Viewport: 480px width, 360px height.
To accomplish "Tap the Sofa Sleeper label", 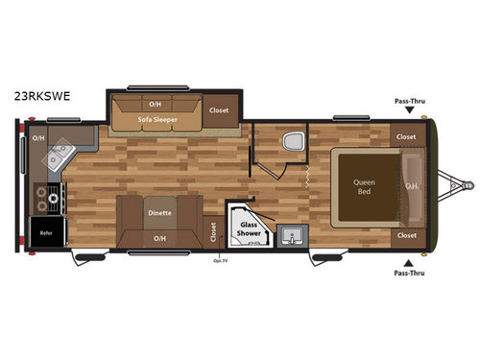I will [157, 120].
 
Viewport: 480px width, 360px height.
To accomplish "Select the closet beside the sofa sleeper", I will [219, 109].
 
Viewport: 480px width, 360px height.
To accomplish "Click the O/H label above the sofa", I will [155, 103].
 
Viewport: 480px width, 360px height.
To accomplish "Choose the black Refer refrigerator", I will [45, 231].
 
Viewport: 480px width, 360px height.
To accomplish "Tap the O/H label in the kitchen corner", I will [38, 137].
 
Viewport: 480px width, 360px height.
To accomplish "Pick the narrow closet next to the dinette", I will [212, 230].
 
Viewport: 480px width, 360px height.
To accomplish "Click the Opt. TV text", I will [218, 258].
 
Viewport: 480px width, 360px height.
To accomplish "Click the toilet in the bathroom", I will [292, 144].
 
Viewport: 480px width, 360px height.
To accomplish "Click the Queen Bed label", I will [364, 185].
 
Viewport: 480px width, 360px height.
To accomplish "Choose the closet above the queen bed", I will [406, 136].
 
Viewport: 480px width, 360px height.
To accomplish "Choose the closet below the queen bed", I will [406, 234].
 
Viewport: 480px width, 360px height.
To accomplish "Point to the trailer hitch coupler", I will [469, 183].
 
